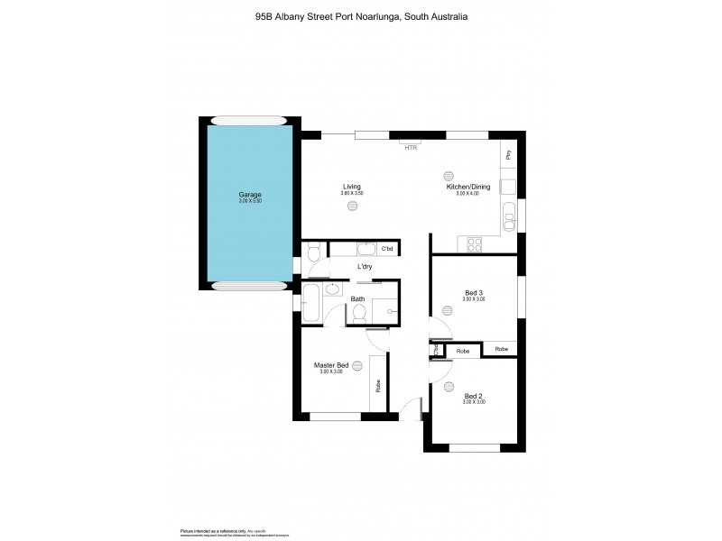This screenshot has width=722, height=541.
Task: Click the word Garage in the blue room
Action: tap(250, 195)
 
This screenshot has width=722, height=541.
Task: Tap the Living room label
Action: tap(351, 187)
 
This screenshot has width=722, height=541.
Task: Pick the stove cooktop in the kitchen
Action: tap(475, 243)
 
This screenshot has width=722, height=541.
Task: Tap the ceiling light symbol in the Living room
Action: tap(352, 206)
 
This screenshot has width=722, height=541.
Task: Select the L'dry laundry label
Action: tap(365, 267)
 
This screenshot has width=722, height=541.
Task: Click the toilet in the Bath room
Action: tap(359, 312)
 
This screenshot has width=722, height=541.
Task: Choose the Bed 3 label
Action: tap(474, 292)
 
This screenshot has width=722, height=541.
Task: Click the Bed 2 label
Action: tap(474, 396)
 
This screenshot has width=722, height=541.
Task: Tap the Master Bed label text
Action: tap(331, 365)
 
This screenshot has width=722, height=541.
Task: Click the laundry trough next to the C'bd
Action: tap(366, 249)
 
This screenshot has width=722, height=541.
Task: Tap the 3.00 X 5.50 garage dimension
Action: tap(250, 202)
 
